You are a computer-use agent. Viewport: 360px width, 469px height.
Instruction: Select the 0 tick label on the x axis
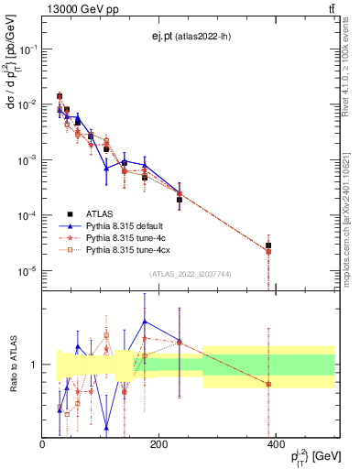click(x=43, y=445)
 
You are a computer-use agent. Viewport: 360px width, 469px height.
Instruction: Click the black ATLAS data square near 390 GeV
click(x=268, y=245)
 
